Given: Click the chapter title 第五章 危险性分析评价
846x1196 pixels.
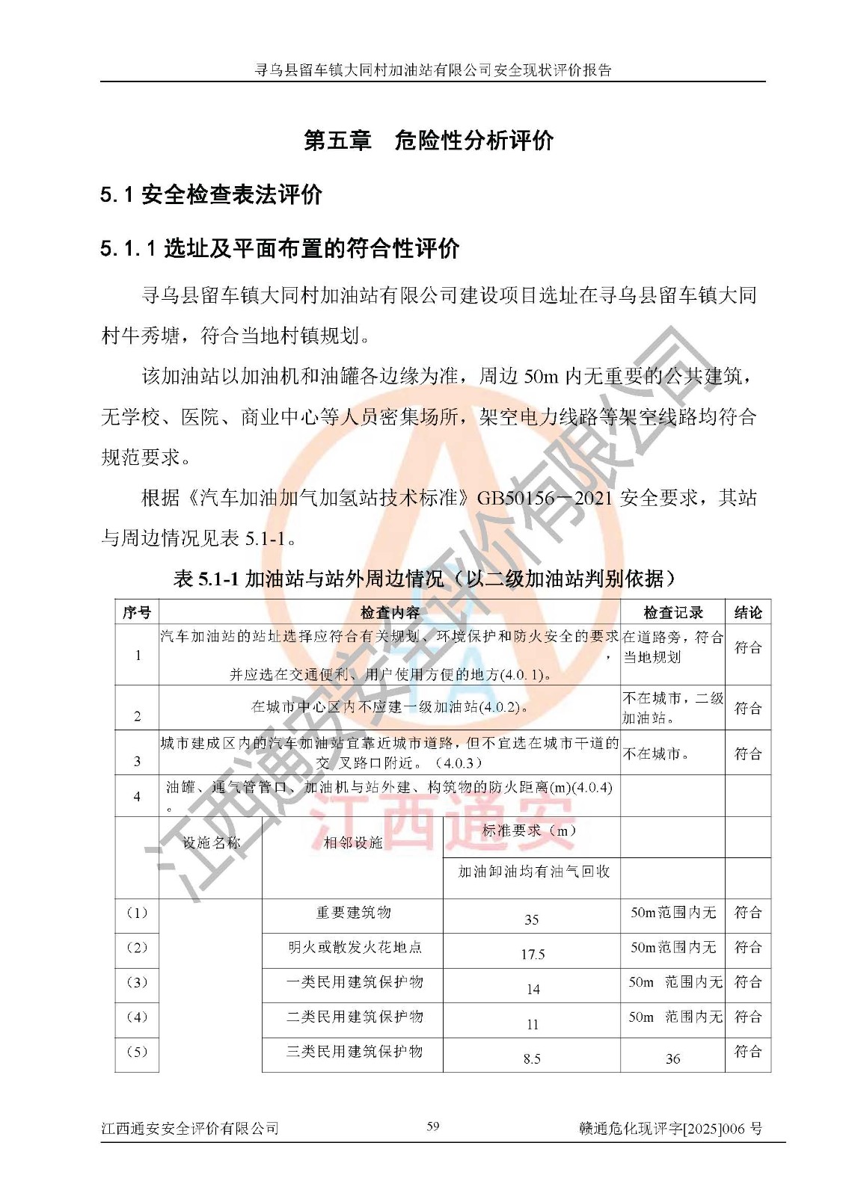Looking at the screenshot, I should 428,140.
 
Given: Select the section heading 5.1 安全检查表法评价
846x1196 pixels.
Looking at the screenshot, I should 211,194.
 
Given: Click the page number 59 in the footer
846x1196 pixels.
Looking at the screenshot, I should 432,1126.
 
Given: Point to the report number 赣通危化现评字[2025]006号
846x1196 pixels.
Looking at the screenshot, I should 670,1129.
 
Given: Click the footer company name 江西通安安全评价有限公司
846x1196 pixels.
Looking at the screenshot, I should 190,1129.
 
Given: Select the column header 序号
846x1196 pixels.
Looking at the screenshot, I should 137,613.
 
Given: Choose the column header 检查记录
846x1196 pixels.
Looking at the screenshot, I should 672,613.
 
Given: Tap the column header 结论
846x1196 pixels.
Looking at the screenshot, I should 747,613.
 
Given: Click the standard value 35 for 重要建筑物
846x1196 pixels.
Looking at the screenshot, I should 532,919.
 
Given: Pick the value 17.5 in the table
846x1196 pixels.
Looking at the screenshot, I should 533,955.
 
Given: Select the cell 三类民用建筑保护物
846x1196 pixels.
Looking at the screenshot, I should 354,1052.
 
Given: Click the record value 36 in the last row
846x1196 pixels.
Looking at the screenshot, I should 672,1058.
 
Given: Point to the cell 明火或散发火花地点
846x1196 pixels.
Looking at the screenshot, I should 355,948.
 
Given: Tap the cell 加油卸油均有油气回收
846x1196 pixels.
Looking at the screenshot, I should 533,872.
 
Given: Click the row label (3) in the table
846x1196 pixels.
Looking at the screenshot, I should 137,982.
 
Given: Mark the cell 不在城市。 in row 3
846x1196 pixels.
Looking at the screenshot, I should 656,754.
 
